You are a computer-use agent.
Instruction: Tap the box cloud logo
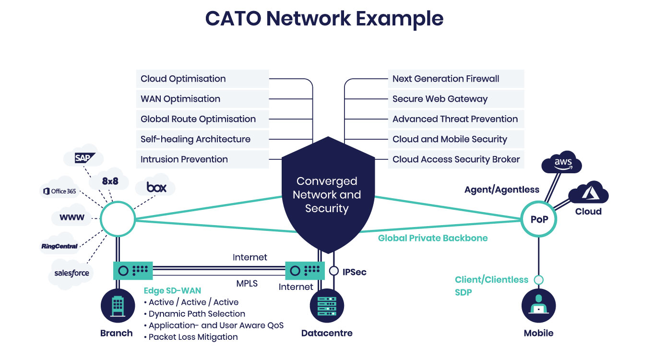(x=156, y=187)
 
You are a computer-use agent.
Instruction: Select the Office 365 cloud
(x=59, y=191)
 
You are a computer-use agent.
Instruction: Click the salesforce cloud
(x=71, y=273)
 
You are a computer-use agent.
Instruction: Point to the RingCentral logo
(x=59, y=246)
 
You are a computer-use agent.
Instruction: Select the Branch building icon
(x=118, y=306)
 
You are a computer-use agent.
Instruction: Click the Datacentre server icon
(x=327, y=306)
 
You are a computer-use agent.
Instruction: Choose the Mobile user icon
(x=538, y=306)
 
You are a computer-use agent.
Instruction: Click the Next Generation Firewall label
(x=446, y=79)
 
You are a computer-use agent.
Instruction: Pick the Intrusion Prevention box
(x=184, y=159)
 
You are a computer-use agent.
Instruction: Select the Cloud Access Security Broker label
(x=456, y=159)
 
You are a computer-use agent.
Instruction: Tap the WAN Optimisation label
(x=180, y=99)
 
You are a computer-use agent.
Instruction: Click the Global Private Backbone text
(x=433, y=238)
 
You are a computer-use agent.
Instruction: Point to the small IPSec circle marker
(x=334, y=271)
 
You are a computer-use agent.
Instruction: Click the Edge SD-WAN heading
(x=172, y=290)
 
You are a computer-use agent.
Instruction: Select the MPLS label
(x=247, y=283)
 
